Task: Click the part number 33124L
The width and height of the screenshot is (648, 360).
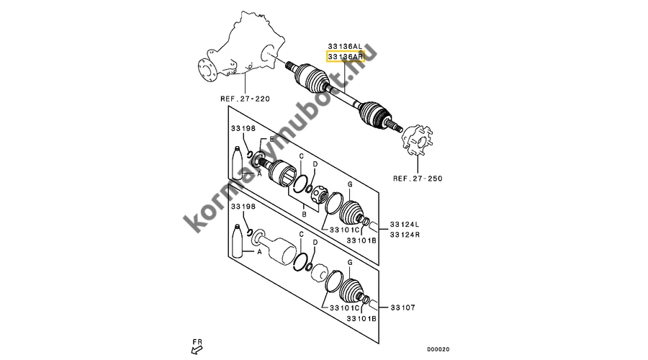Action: [405, 223]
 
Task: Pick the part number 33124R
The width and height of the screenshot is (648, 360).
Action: [405, 234]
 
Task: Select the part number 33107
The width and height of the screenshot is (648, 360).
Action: [403, 306]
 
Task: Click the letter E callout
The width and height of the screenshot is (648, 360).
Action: [272, 139]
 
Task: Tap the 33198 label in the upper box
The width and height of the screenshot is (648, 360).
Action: [243, 129]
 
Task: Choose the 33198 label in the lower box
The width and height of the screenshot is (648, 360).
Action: [243, 207]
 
